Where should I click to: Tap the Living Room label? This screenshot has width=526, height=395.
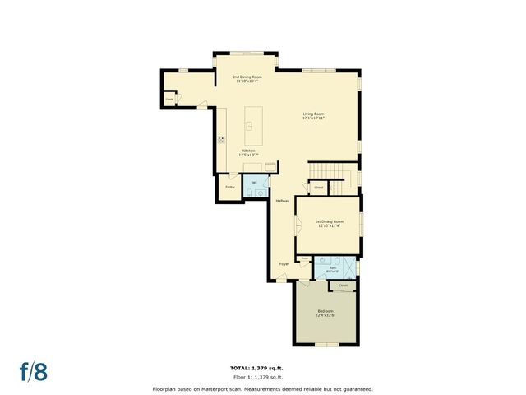pos(313,116)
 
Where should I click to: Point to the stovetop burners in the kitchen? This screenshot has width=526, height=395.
pos(220,140)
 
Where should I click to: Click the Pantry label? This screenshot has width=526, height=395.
pos(230,187)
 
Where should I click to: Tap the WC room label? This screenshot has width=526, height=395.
pos(255,183)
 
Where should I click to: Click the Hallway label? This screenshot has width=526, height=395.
pos(282,201)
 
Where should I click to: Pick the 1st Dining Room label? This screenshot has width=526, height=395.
pos(329,223)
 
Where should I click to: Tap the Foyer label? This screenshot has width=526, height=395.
pos(284,264)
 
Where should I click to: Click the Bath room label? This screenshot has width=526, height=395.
pos(333,268)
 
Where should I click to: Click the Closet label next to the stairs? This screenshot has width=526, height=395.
pos(318,187)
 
